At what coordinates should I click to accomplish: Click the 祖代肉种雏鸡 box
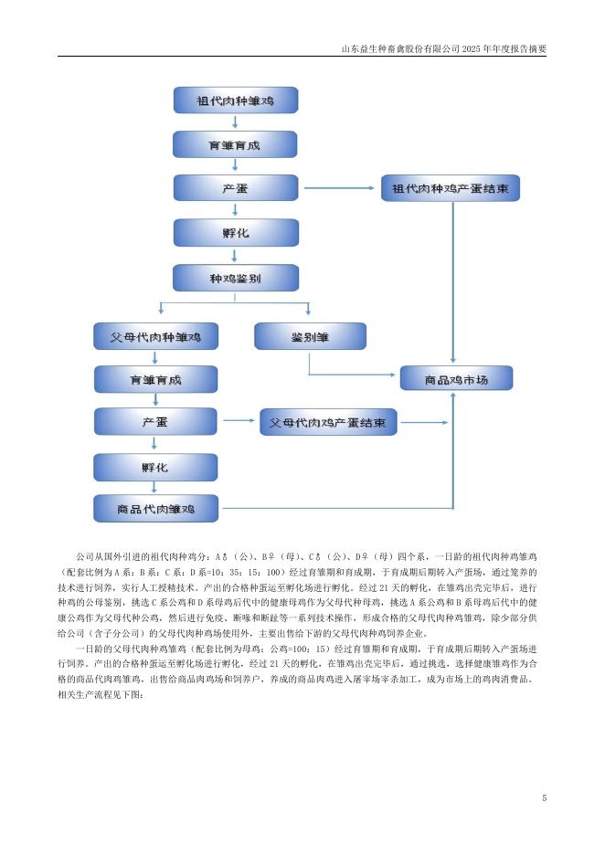tap(235, 100)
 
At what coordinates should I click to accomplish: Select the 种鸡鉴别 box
tap(235, 278)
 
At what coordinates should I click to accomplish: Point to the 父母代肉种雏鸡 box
tap(156, 336)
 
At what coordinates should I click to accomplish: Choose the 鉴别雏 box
tap(310, 336)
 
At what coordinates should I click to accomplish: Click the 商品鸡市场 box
tap(456, 378)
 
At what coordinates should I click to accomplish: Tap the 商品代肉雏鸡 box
tap(156, 508)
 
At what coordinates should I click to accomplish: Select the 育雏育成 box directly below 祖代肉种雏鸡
tap(235, 144)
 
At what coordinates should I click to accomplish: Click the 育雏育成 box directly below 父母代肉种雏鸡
tap(156, 379)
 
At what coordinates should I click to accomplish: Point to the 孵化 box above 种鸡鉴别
tap(235, 233)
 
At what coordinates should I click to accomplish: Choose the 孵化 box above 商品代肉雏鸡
tap(156, 466)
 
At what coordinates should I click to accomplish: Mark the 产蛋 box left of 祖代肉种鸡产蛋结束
tap(235, 189)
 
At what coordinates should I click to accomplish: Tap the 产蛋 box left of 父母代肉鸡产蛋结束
tap(156, 422)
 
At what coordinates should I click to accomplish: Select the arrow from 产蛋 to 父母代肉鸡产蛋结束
tap(238, 422)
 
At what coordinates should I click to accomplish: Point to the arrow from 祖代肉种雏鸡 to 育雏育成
tap(235, 122)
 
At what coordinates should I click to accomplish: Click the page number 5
tap(544, 798)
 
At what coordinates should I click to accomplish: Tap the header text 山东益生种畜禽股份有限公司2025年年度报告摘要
tap(443, 48)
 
